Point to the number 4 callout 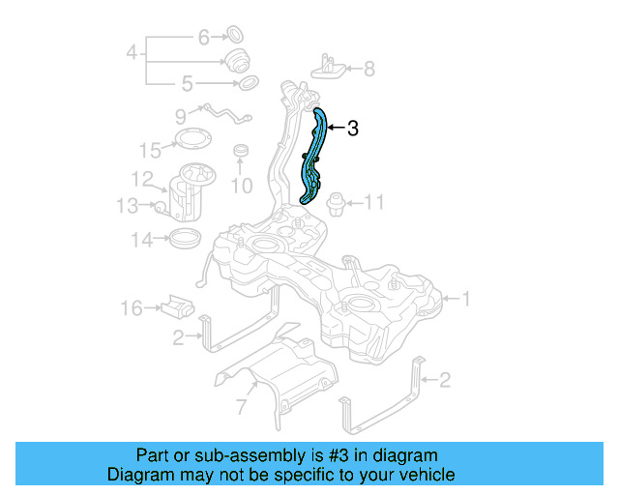point(133,52)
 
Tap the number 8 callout point(368,69)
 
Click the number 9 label point(181,116)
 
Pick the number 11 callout point(374,202)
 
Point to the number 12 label point(142,179)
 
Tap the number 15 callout point(149,150)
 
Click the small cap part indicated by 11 point(335,201)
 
